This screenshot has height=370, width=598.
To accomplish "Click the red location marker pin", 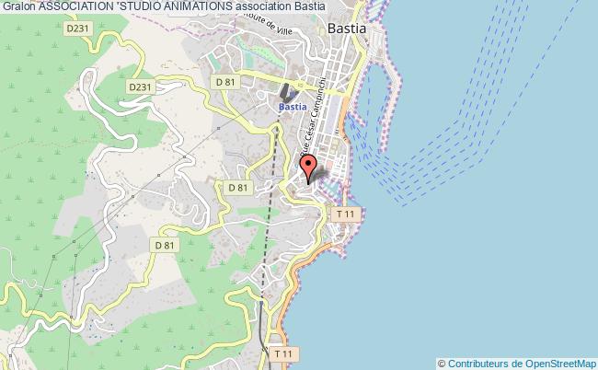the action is click(x=309, y=167).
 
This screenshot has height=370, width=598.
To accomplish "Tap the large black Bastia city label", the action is click(x=347, y=29).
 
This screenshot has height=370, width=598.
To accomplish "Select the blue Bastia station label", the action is click(x=292, y=107).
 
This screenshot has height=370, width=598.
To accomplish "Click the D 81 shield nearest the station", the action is click(x=225, y=82).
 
